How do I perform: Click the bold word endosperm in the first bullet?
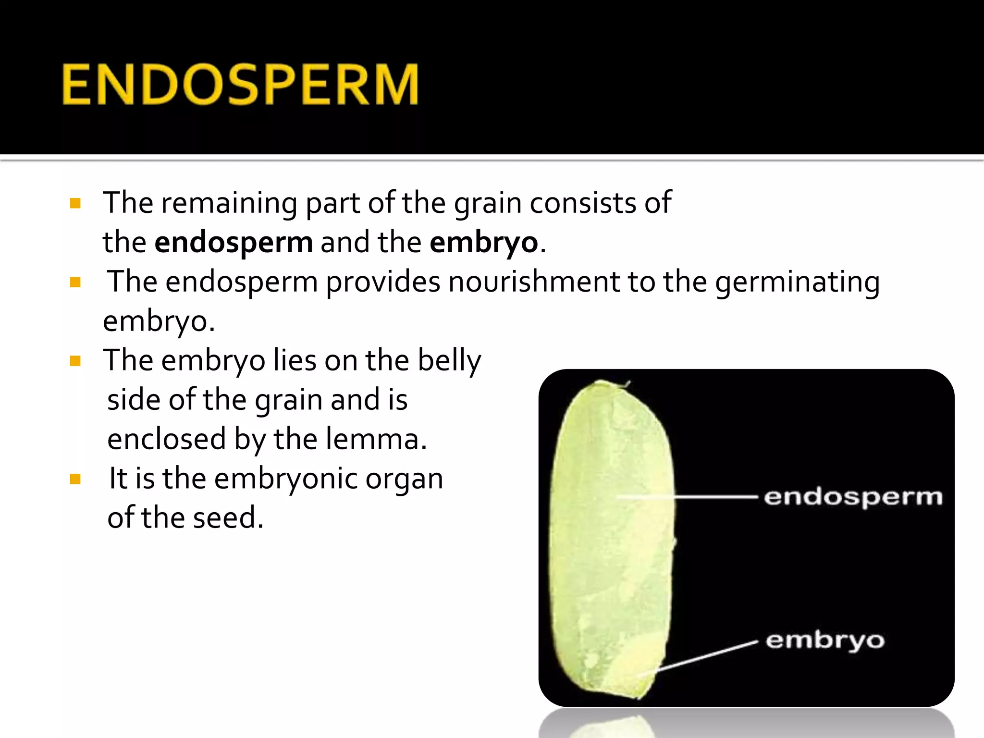[234, 243]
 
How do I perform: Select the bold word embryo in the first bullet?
[483, 243]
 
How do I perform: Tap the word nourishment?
[534, 282]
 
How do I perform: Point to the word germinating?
[797, 282]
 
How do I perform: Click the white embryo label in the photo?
[825, 641]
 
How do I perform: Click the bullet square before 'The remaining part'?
[75, 203]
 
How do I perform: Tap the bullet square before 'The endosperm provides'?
[75, 282]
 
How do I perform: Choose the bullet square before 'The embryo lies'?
[75, 361]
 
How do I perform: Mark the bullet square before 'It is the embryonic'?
[75, 479]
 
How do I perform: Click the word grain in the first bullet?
[487, 204]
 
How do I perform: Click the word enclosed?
[166, 439]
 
